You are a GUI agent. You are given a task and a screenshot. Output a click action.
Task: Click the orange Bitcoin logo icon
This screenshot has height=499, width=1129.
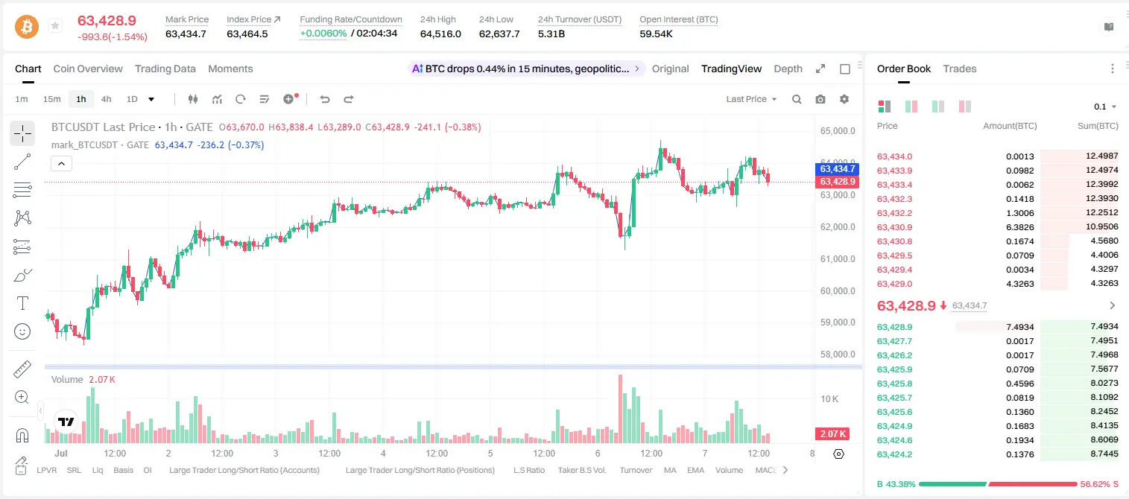tap(27, 27)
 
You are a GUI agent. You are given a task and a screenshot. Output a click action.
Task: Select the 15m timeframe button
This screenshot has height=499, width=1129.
tap(52, 99)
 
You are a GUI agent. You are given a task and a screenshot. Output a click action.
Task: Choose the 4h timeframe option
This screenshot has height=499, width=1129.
tap(106, 99)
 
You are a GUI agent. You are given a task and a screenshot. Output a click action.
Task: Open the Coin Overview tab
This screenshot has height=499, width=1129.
tap(88, 69)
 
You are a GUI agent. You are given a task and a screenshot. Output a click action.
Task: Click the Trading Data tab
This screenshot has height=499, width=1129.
tap(165, 69)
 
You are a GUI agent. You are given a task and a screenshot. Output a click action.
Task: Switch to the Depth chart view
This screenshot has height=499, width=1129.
tap(788, 69)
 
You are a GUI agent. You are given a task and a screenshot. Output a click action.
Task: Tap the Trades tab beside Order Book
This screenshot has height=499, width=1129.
tap(960, 69)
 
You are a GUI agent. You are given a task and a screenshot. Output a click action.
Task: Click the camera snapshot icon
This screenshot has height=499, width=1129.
tap(820, 99)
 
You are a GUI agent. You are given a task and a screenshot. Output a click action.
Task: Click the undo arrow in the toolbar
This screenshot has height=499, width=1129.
tap(325, 99)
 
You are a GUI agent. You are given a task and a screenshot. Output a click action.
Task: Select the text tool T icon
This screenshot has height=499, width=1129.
tap(22, 303)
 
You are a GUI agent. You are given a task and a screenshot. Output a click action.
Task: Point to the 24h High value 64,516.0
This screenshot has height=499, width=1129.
tap(440, 34)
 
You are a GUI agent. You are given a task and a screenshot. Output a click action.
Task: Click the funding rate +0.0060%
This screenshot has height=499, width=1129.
tap(323, 34)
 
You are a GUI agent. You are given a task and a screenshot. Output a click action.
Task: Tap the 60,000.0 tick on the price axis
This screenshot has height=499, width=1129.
tap(838, 291)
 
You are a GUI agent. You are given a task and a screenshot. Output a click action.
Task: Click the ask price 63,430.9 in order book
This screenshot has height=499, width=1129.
tap(894, 227)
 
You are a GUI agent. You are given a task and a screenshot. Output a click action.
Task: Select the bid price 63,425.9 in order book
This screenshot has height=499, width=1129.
tap(894, 369)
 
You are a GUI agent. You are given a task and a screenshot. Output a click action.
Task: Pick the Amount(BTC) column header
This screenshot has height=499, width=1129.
tap(1010, 126)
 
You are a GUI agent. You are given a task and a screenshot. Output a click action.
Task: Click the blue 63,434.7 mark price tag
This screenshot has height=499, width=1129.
tap(837, 169)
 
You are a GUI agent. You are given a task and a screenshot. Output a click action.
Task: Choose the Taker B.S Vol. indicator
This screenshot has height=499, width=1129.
tap(581, 470)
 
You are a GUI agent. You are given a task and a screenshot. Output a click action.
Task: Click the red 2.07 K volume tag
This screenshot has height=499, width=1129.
tap(832, 433)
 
